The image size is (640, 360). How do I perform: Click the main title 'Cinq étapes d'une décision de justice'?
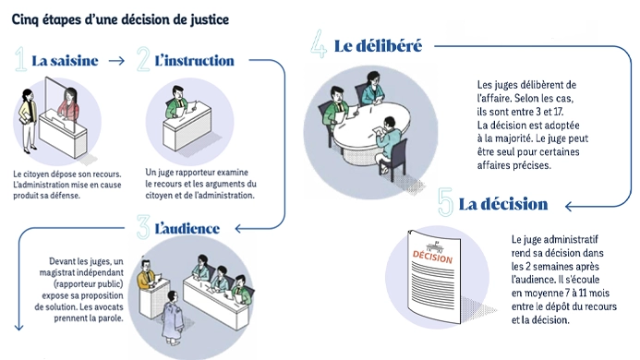[120, 19]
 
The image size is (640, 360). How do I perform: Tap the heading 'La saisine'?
[65, 61]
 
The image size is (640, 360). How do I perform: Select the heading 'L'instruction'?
[194, 61]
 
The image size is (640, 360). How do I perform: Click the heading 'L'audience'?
[187, 229]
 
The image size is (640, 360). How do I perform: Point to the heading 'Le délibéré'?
[378, 46]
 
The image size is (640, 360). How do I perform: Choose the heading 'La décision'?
[503, 204]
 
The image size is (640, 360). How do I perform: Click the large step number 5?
[445, 201]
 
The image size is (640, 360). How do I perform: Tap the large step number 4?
[319, 43]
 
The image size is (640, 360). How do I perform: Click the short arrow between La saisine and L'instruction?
[116, 61]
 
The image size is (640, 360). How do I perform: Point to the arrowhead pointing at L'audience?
[238, 229]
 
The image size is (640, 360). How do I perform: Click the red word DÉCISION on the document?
[432, 257]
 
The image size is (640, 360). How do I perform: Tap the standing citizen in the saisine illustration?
[28, 121]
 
